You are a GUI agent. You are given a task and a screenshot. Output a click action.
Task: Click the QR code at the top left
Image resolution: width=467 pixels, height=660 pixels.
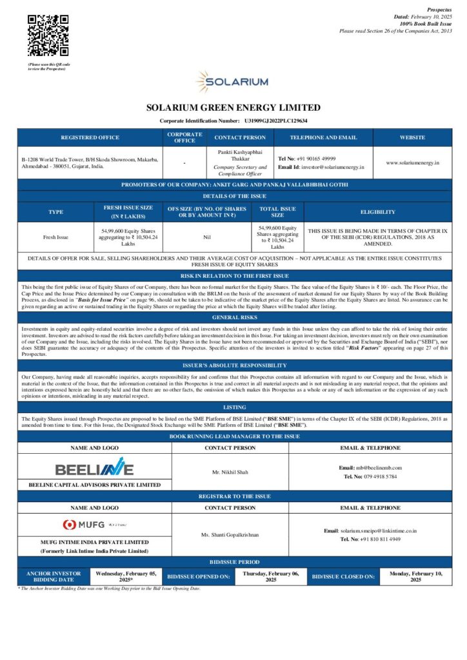point(48,35)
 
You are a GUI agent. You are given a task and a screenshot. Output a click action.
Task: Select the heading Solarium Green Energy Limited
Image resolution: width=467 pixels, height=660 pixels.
point(233,108)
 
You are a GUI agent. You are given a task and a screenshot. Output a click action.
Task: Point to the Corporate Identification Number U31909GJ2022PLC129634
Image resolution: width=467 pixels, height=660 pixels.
point(275,121)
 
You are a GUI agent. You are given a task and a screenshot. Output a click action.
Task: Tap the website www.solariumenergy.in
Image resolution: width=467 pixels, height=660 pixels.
point(412,162)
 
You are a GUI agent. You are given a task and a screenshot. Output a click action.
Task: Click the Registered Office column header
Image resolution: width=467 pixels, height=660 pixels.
point(90,137)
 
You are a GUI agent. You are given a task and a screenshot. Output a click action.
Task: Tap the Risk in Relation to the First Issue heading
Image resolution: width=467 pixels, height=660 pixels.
point(233,275)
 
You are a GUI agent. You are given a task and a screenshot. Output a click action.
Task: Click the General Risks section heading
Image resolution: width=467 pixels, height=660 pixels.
point(233,317)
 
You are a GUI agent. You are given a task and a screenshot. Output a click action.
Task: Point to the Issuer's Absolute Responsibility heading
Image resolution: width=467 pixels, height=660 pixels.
point(233,364)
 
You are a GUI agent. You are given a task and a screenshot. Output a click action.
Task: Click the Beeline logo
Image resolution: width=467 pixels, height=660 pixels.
point(94,468)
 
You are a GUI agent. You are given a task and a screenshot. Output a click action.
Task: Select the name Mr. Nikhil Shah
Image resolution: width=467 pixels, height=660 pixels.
point(230,472)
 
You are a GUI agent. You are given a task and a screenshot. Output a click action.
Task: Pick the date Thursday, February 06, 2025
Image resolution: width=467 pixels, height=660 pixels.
point(270,576)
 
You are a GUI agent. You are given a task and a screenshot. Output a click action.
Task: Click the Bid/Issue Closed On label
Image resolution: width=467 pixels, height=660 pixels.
point(343,576)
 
